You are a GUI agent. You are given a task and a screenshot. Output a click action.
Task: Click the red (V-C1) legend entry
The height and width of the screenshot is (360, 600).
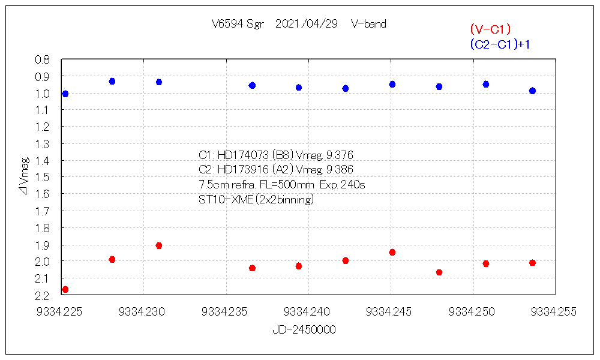(490, 29)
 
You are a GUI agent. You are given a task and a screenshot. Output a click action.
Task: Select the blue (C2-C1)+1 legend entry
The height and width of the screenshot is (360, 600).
(500, 44)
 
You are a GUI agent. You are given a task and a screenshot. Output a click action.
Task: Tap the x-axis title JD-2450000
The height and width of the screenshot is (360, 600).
(304, 330)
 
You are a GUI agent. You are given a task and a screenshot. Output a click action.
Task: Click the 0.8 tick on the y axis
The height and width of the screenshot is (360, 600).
(42, 59)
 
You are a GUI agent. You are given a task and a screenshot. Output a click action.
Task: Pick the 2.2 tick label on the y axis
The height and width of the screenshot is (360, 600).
(42, 295)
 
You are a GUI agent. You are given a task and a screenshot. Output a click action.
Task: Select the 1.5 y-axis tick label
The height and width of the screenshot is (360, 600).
(42, 177)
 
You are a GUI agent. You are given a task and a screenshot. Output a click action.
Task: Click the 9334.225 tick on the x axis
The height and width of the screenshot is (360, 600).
(60, 311)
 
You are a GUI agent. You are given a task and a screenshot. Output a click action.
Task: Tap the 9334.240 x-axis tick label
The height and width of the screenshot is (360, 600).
(308, 311)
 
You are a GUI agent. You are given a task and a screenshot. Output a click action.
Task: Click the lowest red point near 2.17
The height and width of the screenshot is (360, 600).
(65, 289)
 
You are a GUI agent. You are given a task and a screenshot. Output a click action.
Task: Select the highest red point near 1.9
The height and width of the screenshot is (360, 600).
(159, 245)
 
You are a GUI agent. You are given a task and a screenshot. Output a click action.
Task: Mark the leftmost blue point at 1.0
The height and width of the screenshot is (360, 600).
(65, 94)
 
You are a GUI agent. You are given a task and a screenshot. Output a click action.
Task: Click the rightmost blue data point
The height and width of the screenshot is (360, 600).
(532, 91)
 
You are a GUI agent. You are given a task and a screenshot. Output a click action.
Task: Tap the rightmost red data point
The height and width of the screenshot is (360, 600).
(532, 263)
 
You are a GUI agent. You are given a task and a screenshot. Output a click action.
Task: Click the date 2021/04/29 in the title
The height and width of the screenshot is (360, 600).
(306, 24)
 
